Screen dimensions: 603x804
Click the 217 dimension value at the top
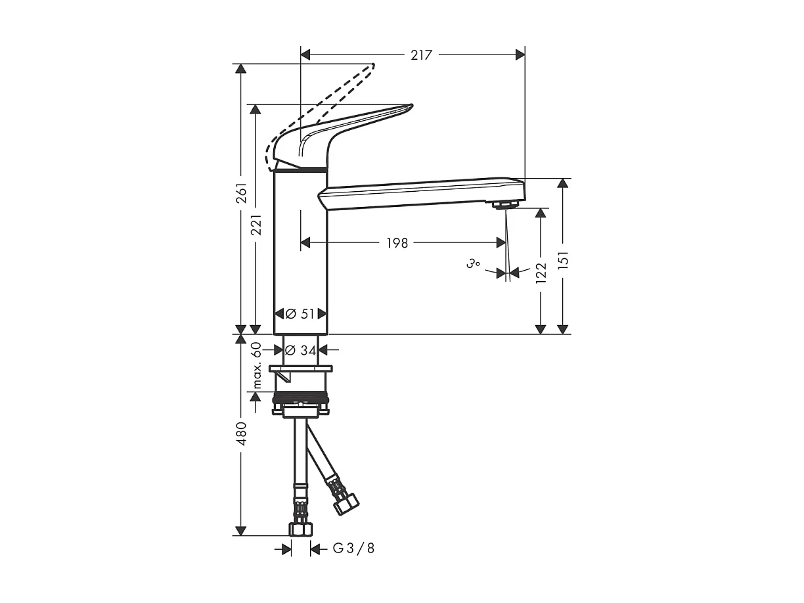click(x=421, y=55)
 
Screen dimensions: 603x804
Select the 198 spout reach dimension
click(x=396, y=244)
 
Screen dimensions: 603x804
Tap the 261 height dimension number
click(x=241, y=192)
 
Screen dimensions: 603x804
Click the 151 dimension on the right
click(x=563, y=259)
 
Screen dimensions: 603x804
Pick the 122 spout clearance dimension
click(x=541, y=273)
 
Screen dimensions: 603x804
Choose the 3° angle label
click(x=473, y=264)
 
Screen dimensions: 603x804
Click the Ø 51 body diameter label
click(x=300, y=314)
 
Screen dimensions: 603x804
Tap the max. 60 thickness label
click(x=257, y=365)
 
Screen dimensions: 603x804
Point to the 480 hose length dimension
click(x=241, y=434)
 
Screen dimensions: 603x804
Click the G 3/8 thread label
click(x=353, y=548)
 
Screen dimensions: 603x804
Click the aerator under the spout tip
click(x=502, y=205)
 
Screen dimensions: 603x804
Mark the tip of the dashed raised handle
click(x=372, y=65)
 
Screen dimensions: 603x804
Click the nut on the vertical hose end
click(x=300, y=528)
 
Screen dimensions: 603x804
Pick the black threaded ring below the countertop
click(x=300, y=397)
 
